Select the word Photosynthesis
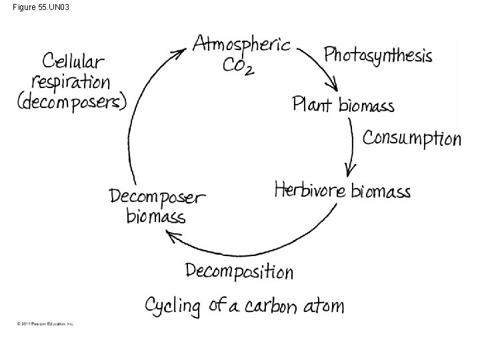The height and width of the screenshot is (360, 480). click(378, 55)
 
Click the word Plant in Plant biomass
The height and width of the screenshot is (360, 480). click(312, 105)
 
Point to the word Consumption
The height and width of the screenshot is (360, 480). click(411, 138)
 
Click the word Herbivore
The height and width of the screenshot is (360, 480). click(310, 190)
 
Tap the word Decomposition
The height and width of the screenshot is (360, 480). click(239, 271)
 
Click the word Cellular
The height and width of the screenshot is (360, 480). click(73, 61)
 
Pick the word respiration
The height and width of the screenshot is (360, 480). click(73, 83)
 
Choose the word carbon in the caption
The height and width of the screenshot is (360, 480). click(269, 306)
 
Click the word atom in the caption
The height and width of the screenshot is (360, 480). click(324, 306)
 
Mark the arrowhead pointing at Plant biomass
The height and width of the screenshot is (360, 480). click(332, 87)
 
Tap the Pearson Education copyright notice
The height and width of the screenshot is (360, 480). click(45, 324)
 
